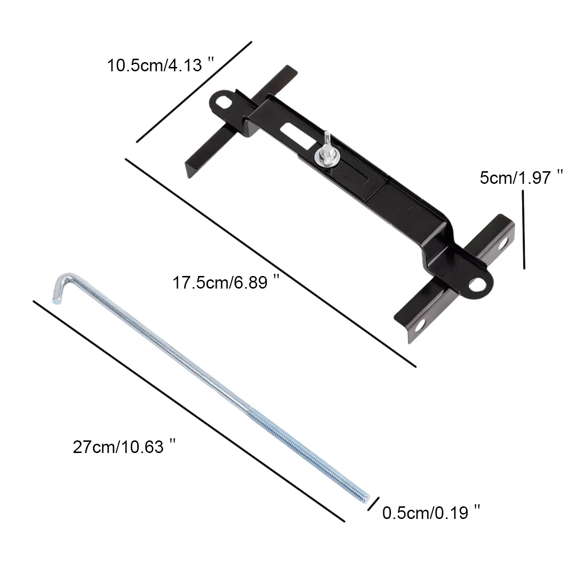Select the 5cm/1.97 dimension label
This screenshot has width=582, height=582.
(521, 178)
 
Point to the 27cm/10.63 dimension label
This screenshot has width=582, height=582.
(124, 447)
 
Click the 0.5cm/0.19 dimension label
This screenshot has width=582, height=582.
(431, 513)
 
